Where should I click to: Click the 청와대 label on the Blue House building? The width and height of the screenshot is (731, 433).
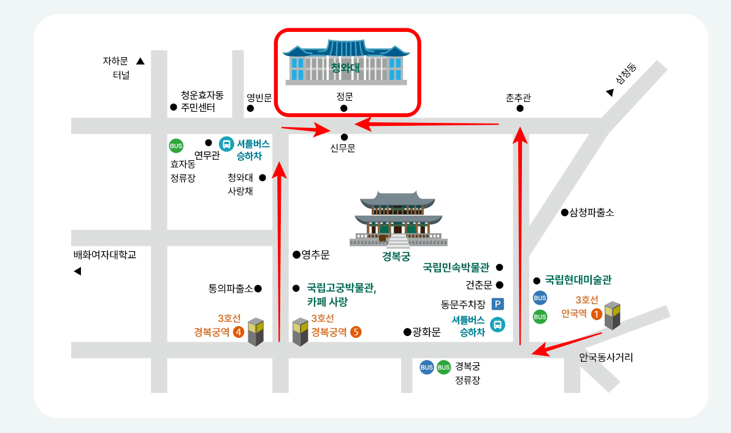click(345, 68)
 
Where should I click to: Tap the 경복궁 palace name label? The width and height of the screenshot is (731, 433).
click(396, 257)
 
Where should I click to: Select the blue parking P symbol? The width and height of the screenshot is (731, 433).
click(498, 304)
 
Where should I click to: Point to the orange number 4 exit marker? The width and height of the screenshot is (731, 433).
click(239, 332)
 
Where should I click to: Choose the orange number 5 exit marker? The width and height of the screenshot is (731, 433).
click(356, 332)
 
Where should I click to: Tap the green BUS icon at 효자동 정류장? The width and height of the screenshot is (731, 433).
click(176, 146)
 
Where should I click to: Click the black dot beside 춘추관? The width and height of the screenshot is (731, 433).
click(519, 109)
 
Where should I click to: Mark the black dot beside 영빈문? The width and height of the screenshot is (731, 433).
click(250, 109)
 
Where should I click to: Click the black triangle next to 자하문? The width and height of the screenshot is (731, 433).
click(140, 61)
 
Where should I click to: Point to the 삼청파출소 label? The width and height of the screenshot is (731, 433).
click(592, 213)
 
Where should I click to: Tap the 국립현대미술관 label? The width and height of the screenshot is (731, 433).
click(578, 280)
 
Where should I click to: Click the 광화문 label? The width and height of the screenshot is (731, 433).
click(426, 332)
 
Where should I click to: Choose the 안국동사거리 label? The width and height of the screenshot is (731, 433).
click(606, 357)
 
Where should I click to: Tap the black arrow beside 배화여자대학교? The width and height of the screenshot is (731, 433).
click(77, 271)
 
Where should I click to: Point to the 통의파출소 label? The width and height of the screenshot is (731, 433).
click(231, 288)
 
